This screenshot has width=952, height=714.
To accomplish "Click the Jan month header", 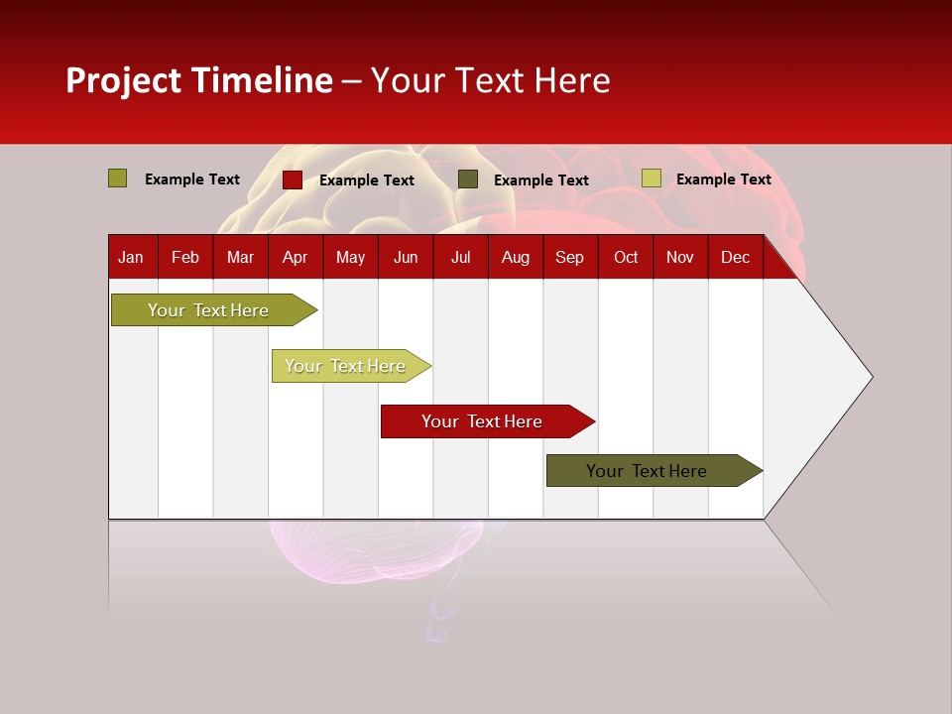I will (x=131, y=257).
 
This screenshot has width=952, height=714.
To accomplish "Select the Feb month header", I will (x=185, y=257).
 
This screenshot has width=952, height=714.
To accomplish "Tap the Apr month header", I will (x=295, y=257).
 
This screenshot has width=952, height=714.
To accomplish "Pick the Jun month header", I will (x=406, y=257).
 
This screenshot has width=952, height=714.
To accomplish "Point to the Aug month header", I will (x=516, y=257).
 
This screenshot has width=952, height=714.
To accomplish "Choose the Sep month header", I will (x=569, y=257).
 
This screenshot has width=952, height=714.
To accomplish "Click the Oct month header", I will (x=626, y=257).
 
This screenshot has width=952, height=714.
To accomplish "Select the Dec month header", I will (x=736, y=257).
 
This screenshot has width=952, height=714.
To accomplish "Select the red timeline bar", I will (x=483, y=421).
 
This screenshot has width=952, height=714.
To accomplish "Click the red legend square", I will (x=293, y=179).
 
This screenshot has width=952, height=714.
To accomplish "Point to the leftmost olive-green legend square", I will (x=118, y=178).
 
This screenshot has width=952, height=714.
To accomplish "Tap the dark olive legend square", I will (x=468, y=179).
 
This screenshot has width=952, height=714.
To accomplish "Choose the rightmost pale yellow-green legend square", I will (x=652, y=178).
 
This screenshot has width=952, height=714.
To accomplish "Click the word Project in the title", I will (x=123, y=80).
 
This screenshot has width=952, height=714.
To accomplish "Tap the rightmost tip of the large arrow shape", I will (x=871, y=376).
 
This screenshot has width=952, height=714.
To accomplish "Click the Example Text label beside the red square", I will (x=367, y=180).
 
